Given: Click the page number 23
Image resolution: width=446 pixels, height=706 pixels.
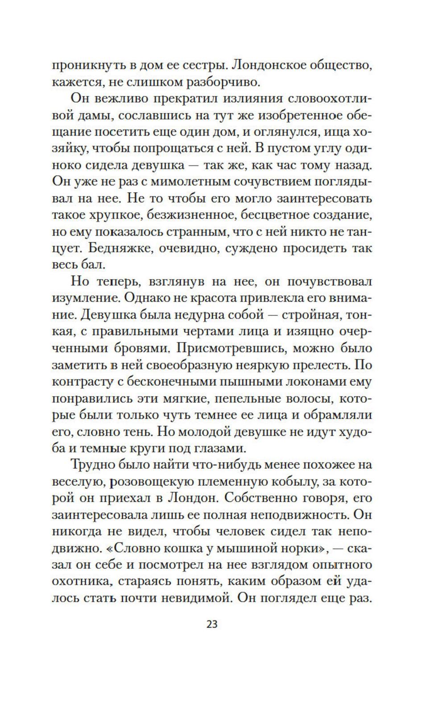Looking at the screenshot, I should (212, 624).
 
